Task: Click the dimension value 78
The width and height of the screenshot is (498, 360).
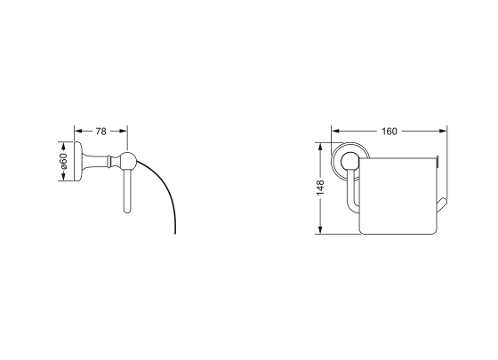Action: [100, 132]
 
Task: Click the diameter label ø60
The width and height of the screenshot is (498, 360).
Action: [63, 161]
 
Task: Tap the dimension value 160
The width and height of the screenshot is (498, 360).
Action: [390, 132]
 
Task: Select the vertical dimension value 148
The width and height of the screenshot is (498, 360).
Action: [320, 188]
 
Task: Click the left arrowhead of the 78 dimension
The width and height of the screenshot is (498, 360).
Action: [78, 131]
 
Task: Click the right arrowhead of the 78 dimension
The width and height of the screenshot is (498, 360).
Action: [124, 131]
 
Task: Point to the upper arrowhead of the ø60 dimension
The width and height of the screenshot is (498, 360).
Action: [63, 146]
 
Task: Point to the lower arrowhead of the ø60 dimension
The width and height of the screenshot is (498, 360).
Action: [63, 177]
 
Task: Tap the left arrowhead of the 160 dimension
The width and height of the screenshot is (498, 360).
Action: [335, 131]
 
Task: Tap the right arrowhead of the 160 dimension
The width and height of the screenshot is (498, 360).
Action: [443, 131]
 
